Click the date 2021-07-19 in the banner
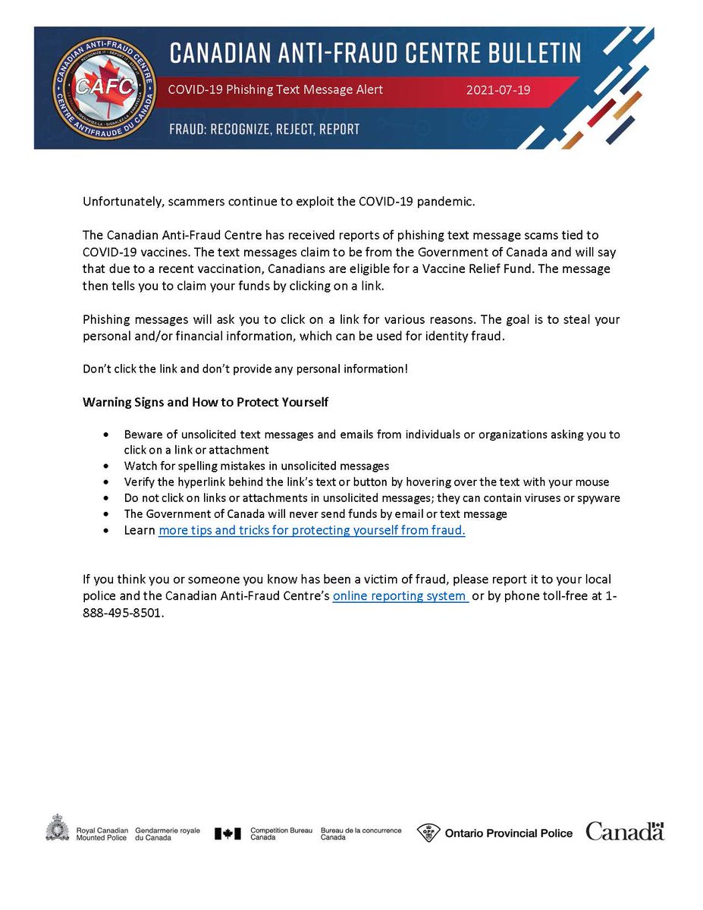[x=499, y=89]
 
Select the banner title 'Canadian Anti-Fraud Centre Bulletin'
[x=375, y=52]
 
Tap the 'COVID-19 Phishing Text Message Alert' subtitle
[x=275, y=89]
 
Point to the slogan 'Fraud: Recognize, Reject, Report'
[x=264, y=130]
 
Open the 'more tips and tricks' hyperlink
[x=311, y=531]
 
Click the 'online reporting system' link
[x=400, y=596]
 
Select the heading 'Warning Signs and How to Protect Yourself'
[x=205, y=402]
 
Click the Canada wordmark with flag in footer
[x=624, y=831]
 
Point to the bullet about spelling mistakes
[x=256, y=466]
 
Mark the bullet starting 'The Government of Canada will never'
[x=315, y=514]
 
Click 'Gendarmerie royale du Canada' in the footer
[x=167, y=834]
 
